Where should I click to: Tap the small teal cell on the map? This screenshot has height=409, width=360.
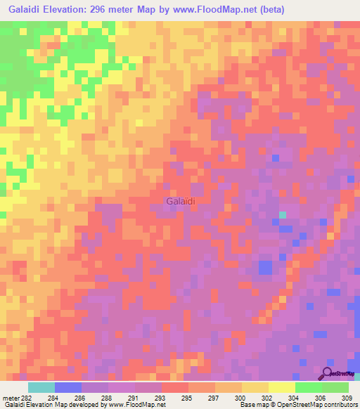[x=283, y=215]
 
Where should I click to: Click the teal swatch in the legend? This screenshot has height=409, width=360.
[x=41, y=387]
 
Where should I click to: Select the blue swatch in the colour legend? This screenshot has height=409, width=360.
[x=68, y=387]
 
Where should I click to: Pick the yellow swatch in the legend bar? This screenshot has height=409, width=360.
[x=281, y=387]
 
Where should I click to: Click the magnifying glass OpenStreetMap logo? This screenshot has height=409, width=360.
[x=328, y=374]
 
